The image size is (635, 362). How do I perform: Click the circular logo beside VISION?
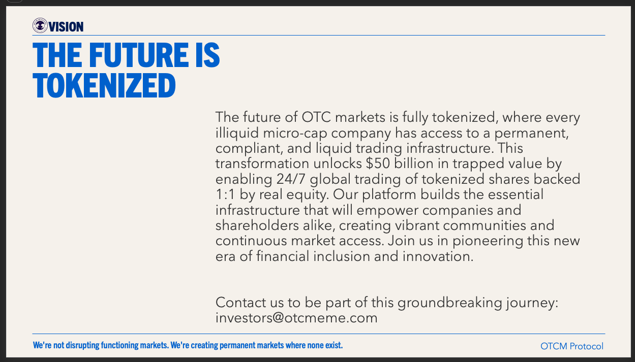[40, 25]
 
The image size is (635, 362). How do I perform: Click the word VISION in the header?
[66, 27]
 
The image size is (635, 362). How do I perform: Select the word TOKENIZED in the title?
[104, 85]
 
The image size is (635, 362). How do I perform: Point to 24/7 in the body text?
[291, 179]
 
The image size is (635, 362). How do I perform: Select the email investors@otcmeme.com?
[296, 318]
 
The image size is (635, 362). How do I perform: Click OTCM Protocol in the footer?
[572, 346]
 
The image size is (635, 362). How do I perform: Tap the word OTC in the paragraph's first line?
[316, 117]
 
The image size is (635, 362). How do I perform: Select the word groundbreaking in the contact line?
[450, 303]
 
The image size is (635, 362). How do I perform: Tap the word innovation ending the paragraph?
[438, 256]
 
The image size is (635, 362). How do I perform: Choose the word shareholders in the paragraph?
[257, 225]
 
